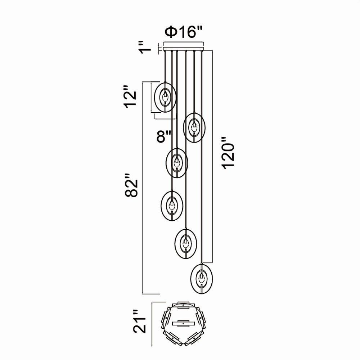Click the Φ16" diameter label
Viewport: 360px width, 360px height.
click(x=184, y=32)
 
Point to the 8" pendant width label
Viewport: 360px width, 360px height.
click(x=164, y=136)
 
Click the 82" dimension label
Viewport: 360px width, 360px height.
click(x=131, y=185)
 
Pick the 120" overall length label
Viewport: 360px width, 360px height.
click(x=228, y=153)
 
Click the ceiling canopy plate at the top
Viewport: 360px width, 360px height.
click(x=183, y=48)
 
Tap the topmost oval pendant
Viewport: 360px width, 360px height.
click(x=165, y=97)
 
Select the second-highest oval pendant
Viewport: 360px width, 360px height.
click(x=194, y=127)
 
